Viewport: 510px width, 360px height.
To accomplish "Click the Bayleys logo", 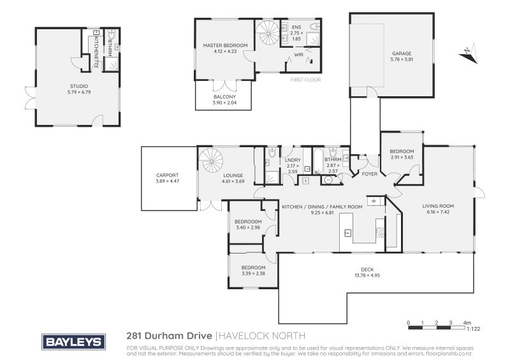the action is (x=73, y=342).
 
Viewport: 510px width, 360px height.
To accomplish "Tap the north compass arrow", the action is (x=469, y=54).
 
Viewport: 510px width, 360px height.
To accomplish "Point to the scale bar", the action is (x=436, y=328).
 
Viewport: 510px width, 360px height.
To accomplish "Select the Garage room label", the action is (x=402, y=54).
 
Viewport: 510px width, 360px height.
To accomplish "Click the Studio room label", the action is (x=79, y=86).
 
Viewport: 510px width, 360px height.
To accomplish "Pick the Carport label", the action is (x=168, y=175).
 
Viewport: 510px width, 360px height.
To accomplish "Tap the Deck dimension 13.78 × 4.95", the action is (x=367, y=275).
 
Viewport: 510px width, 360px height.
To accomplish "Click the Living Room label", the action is (x=438, y=206).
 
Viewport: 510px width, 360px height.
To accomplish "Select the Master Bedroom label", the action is (x=225, y=45).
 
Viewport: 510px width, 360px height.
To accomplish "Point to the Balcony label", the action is (x=225, y=97).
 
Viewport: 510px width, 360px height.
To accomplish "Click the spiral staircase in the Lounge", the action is (x=211, y=161).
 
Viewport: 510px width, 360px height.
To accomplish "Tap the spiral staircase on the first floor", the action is (x=267, y=32).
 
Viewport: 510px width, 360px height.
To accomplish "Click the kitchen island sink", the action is (x=347, y=233).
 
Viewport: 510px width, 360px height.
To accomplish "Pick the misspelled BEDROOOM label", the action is (x=248, y=222).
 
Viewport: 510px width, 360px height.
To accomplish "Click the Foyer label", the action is (x=370, y=174).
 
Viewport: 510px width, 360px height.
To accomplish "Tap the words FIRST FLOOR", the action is (x=305, y=80).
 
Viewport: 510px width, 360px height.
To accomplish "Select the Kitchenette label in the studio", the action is (x=96, y=52).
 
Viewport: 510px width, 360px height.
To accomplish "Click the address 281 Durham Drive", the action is (x=169, y=335).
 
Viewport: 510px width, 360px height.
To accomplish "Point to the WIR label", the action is (x=298, y=55).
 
